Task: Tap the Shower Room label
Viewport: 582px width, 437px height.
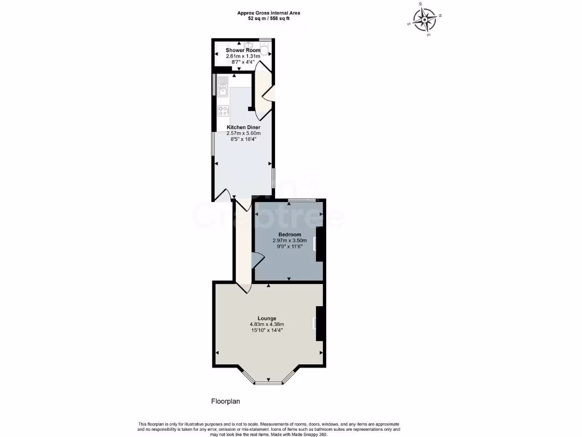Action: coord(243,50)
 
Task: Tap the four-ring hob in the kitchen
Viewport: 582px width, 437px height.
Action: coord(223,111)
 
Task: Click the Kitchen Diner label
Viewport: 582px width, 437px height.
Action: coord(244,127)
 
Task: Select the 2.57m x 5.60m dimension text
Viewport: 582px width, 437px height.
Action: coord(244,133)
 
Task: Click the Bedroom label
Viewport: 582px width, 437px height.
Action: coord(289,234)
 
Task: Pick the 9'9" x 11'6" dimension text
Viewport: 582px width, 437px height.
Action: coord(289,246)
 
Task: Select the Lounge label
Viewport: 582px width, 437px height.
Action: coord(267,318)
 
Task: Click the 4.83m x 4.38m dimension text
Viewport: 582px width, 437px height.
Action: coord(267,324)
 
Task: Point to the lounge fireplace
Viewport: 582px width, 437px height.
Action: coord(320,323)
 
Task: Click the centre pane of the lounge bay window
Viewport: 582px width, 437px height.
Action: coord(268,383)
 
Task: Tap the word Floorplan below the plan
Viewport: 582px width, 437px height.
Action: coord(226,401)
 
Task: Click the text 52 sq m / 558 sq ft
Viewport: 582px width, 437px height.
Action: coord(269,18)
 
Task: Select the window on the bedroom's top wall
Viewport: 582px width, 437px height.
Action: coord(301,200)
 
